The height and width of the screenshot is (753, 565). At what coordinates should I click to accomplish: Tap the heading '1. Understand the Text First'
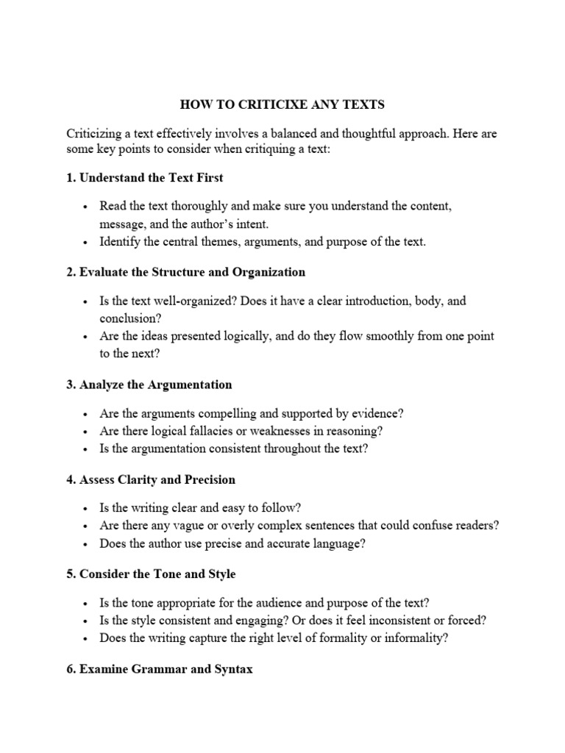[x=145, y=178]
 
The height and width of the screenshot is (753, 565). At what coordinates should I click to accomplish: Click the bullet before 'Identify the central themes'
[x=86, y=242]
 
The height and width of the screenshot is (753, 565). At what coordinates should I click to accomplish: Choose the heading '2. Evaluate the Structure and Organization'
[x=185, y=272]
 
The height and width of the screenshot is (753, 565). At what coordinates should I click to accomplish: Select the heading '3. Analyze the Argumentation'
[x=149, y=385]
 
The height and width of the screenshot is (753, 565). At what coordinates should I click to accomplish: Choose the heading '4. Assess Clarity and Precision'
[x=151, y=479]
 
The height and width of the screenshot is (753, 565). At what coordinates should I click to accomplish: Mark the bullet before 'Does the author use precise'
[x=86, y=544]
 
